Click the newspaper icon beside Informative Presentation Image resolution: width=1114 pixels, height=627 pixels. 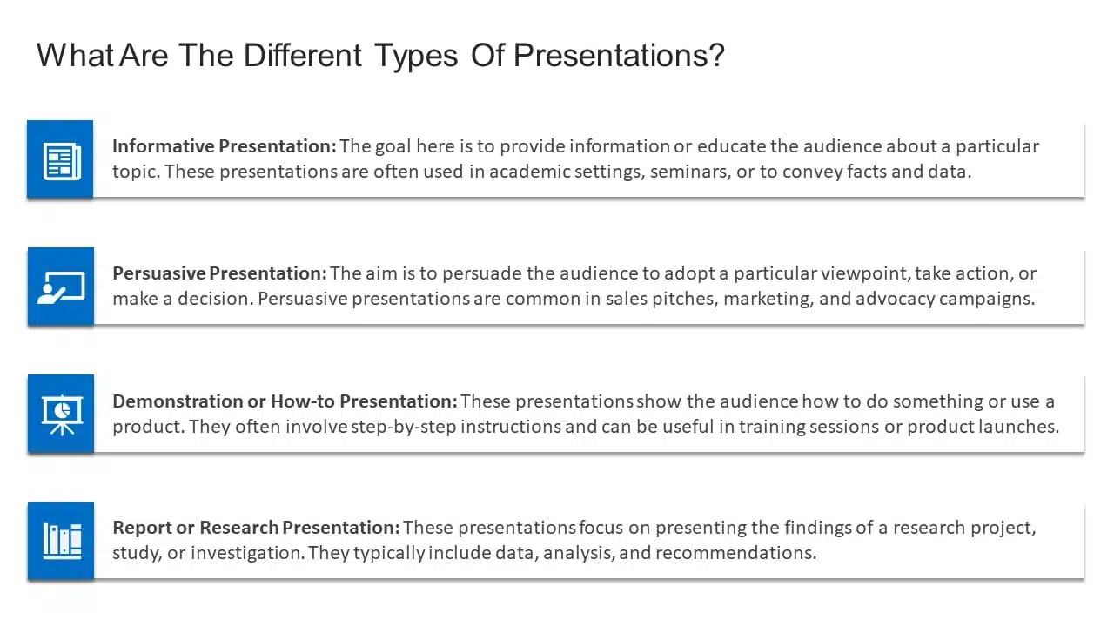[62, 161]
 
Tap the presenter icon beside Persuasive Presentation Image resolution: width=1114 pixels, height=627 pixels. [61, 287]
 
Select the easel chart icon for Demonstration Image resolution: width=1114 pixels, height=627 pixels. [62, 415]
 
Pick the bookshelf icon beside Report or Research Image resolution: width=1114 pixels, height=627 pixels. [62, 541]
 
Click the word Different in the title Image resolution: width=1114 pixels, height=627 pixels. [302, 55]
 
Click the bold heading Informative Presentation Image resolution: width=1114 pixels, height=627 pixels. [225, 146]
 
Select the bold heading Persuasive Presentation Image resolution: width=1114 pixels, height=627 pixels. [220, 273]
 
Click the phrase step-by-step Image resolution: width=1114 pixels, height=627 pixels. [403, 427]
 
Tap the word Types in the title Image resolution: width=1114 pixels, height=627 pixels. [416, 56]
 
